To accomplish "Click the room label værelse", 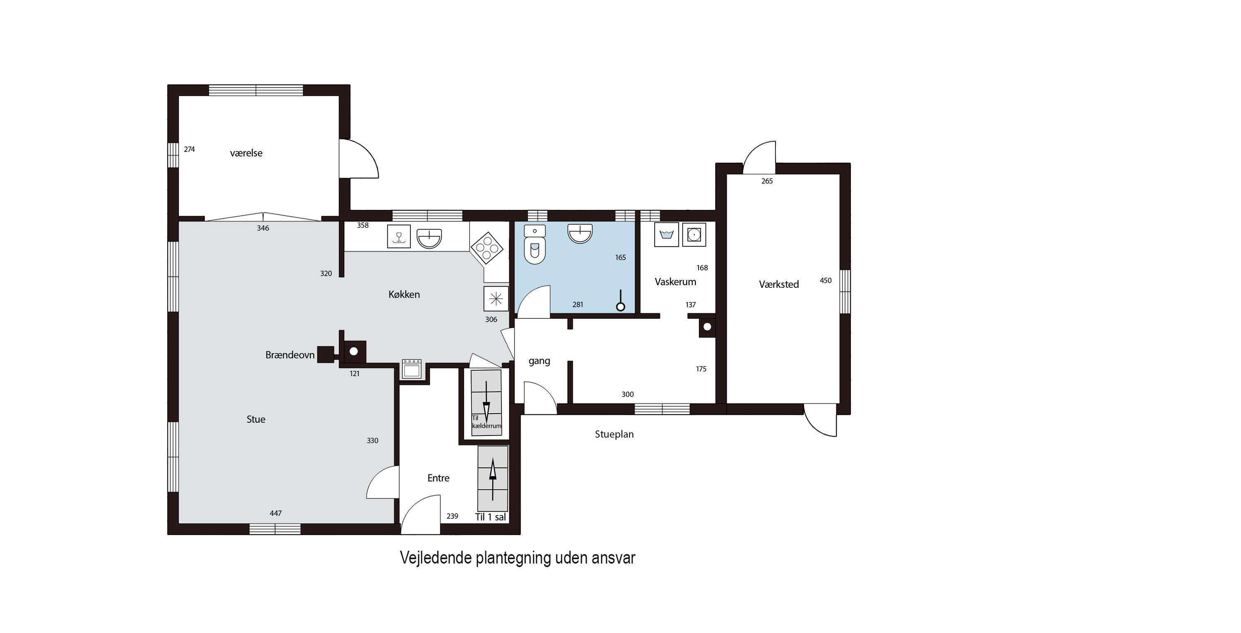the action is tap(246, 153).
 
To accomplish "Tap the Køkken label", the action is tap(404, 295).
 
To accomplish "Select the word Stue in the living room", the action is tap(256, 419).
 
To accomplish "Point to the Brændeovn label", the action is tap(290, 355).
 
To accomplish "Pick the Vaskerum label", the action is tap(675, 282).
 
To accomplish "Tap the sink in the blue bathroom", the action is tap(580, 234).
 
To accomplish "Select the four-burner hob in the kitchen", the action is tap(487, 248).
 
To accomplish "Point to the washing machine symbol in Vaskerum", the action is tap(667, 235).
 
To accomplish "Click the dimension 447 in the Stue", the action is tap(276, 513).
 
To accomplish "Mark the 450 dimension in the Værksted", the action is tap(826, 281).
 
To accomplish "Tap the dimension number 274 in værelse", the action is tap(190, 149).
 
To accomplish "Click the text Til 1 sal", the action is tap(490, 517).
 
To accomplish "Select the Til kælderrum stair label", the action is tap(486, 422).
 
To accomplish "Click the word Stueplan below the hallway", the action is tap(614, 434).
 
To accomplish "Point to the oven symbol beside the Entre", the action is tap(412, 369).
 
